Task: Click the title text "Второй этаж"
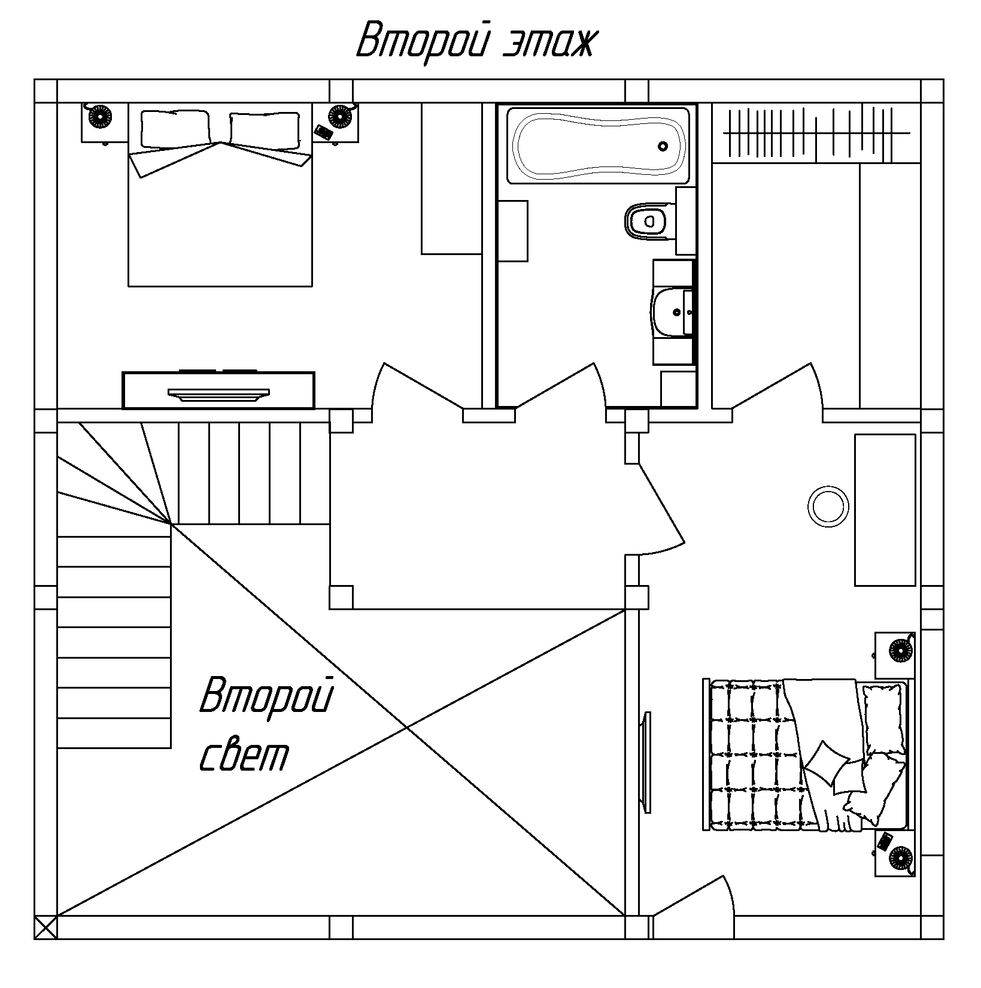[x=476, y=40]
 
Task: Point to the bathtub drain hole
[x=663, y=146]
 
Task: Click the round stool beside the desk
[x=828, y=506]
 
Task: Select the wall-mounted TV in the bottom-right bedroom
[x=645, y=762]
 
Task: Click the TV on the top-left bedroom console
[x=218, y=393]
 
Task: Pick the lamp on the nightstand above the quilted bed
[x=898, y=649]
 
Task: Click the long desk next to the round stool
[x=885, y=510]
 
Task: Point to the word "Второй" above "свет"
[x=266, y=696]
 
